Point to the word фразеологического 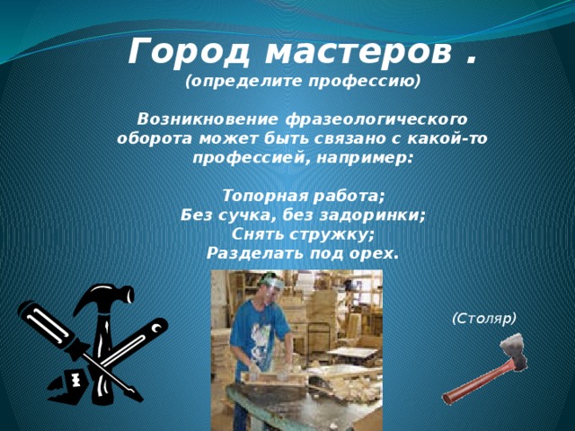[376, 120]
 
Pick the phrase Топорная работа [303, 196]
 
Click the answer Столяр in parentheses [484, 319]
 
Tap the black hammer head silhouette [103, 297]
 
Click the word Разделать [254, 253]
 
